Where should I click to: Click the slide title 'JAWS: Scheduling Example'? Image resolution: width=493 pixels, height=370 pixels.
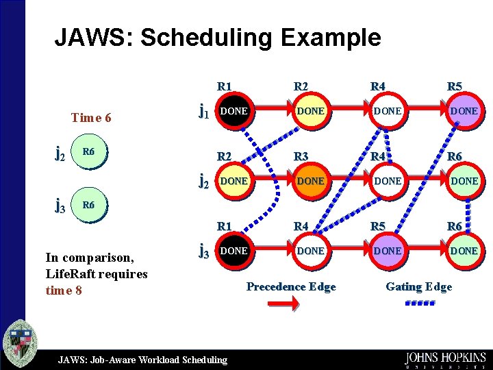(217, 37)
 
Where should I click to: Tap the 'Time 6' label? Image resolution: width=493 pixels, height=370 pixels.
(91, 117)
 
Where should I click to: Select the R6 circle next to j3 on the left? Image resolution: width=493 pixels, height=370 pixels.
(89, 205)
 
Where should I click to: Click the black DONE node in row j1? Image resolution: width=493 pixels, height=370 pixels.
(233, 111)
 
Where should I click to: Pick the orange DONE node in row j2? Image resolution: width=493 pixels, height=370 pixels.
(310, 181)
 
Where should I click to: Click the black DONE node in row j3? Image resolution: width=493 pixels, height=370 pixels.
(233, 251)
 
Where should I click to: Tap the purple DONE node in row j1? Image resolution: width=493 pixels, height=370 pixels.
(464, 111)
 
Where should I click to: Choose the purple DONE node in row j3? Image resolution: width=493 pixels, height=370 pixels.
(387, 251)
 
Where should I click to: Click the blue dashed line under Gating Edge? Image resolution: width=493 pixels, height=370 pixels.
(417, 302)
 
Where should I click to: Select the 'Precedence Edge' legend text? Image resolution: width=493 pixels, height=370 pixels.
(291, 286)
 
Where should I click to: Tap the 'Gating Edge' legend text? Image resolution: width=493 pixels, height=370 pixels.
(418, 286)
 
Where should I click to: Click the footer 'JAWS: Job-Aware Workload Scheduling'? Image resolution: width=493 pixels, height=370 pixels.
(142, 360)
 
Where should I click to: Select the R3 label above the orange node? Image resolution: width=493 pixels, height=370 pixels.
(302, 157)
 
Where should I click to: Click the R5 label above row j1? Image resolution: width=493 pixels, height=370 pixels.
(455, 86)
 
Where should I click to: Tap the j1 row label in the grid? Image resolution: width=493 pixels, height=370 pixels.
(203, 110)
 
